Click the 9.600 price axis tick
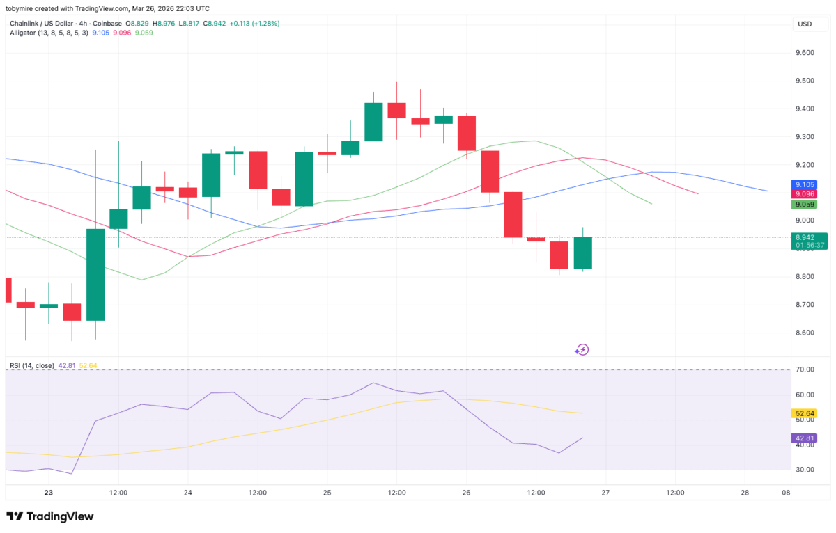coord(805,53)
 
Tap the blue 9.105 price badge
coord(804,184)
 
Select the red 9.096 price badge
coord(804,194)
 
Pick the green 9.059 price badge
coord(804,205)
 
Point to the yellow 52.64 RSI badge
coord(804,413)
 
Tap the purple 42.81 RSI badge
coord(804,438)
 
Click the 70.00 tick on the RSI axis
coord(805,369)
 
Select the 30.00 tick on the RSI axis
coord(805,470)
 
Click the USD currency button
coord(805,24)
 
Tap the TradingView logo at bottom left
coord(49,517)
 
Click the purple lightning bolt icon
coord(582,349)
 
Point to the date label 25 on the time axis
coord(327,493)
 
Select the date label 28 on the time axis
coord(745,493)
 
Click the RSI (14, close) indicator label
coord(31,365)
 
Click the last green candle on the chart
coord(582,253)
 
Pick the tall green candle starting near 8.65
coord(95,274)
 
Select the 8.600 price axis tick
coord(805,333)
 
